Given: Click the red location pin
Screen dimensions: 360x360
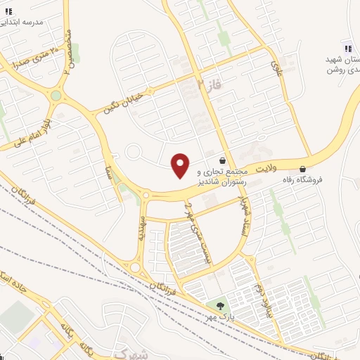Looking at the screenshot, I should tap(181, 165).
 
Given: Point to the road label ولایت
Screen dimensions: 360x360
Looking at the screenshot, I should tap(267, 169).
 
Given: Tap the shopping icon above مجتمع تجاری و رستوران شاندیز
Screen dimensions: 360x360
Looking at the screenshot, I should tap(223, 160).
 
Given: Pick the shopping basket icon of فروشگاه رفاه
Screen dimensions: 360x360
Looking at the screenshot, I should tap(303, 169).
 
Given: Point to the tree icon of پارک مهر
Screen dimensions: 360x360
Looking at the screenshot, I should tap(221, 306).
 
